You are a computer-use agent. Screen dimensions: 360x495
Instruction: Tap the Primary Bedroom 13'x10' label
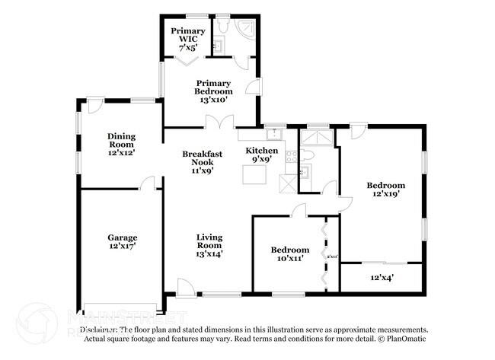point(213,91)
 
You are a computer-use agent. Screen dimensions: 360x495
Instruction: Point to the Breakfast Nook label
point(202,161)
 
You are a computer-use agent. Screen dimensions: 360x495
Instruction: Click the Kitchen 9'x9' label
point(261,155)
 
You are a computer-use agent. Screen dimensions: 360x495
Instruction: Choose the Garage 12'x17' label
point(122,242)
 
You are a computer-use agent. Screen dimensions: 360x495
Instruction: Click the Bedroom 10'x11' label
point(290,254)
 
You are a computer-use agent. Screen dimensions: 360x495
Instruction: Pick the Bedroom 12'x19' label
point(385,190)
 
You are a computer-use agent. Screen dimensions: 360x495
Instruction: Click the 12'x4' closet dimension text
point(382,278)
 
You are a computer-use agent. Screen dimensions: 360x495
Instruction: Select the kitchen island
point(254,174)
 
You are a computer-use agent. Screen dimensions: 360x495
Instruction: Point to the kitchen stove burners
point(291,158)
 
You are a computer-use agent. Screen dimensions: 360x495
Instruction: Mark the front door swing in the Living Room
point(186,286)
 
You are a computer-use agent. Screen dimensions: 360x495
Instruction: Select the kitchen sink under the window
point(276,134)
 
